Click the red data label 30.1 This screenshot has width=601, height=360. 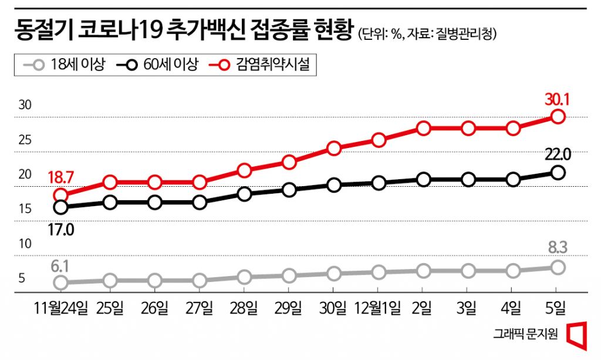558,99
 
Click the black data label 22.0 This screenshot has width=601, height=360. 558,155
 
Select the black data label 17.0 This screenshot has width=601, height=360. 60,229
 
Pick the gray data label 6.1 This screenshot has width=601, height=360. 60,267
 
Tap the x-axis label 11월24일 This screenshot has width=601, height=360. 61,307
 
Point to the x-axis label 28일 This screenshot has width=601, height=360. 245,307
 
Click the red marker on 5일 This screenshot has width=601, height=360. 558,116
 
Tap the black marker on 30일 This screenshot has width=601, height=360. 334,186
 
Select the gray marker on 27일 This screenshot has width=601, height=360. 200,280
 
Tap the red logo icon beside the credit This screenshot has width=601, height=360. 577,333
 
